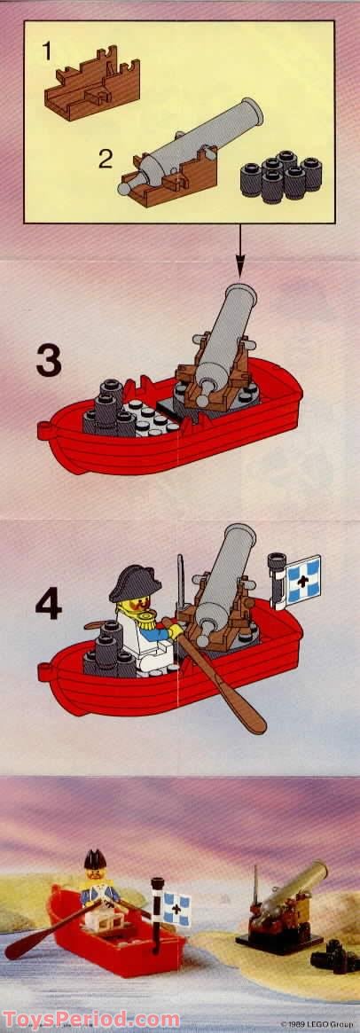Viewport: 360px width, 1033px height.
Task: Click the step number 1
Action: pyautogui.click(x=45, y=51)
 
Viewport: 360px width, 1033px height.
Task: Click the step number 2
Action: pyautogui.click(x=106, y=159)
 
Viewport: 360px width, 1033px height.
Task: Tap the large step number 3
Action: pyautogui.click(x=49, y=360)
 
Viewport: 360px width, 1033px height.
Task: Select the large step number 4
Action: pyautogui.click(x=49, y=604)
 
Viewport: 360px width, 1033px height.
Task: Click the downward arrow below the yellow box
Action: pyautogui.click(x=239, y=250)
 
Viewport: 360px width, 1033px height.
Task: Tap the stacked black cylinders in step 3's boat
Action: pyautogui.click(x=109, y=410)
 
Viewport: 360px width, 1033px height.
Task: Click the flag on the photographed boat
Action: pyautogui.click(x=176, y=910)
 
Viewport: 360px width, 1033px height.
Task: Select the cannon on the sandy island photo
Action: pyautogui.click(x=284, y=906)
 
